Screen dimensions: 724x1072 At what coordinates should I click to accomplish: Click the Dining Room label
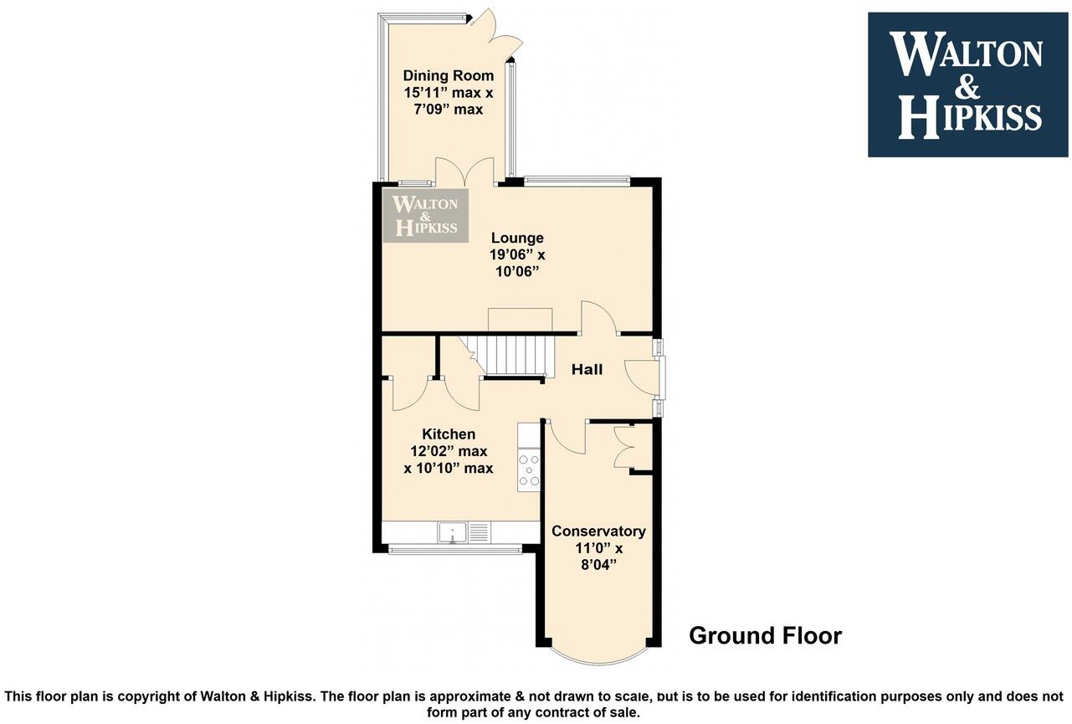point(448,75)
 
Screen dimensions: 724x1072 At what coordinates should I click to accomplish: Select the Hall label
point(587,369)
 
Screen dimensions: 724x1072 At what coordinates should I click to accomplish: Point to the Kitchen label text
point(449,434)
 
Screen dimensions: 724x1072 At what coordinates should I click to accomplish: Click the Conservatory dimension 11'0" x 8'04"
point(598,556)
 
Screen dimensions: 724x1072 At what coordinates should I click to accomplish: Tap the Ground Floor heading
point(765,636)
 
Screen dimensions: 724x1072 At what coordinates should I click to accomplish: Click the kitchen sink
point(451,532)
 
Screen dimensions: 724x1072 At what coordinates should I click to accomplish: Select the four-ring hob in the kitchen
point(529,470)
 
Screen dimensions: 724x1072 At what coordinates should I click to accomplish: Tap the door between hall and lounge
point(599,318)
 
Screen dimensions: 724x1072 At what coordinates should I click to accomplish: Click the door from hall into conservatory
point(567,437)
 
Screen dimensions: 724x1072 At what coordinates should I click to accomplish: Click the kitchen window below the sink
point(455,550)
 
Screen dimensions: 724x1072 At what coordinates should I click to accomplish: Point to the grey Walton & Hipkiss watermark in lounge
point(426,215)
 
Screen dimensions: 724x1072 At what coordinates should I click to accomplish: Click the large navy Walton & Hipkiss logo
point(967,85)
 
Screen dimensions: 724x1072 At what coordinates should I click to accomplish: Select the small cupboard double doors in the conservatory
point(624,447)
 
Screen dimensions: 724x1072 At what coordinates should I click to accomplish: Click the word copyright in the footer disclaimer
point(151,696)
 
